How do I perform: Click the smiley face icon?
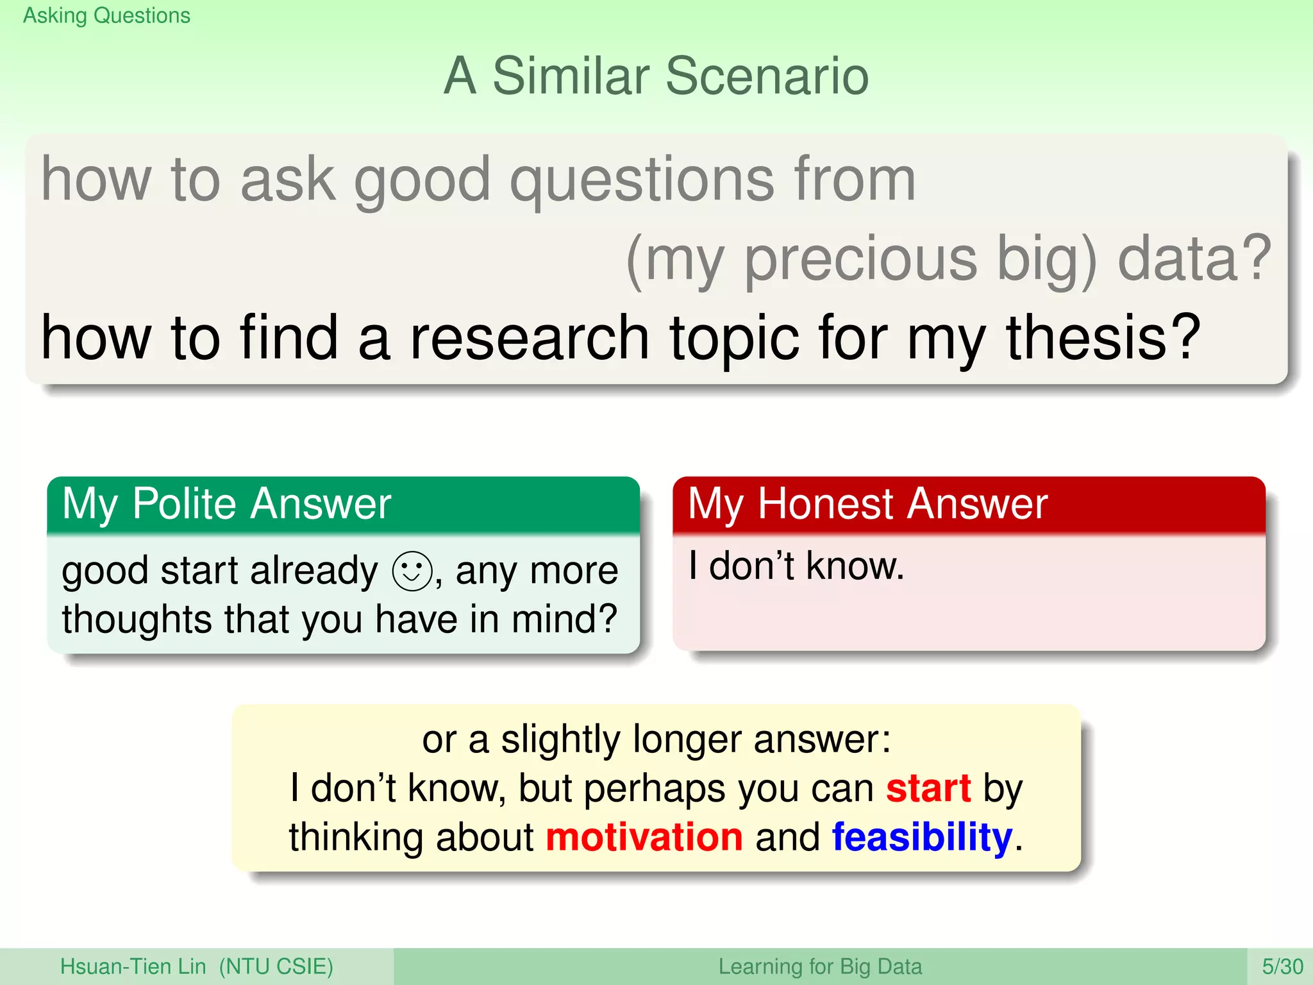tap(412, 571)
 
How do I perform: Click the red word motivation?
tap(644, 838)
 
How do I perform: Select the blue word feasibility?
tap(922, 838)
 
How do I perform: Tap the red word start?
tap(928, 788)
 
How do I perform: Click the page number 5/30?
tap(1282, 966)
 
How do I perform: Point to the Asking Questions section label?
tap(106, 15)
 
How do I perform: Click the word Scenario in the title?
tap(767, 76)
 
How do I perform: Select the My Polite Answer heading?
tap(226, 503)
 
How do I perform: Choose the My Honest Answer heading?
tap(867, 503)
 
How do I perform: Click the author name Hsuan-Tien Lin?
tap(133, 966)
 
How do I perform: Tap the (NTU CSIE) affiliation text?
tap(276, 966)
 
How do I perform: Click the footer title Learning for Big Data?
tap(820, 966)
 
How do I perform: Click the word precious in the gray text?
tap(860, 258)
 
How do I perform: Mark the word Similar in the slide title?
tap(571, 76)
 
